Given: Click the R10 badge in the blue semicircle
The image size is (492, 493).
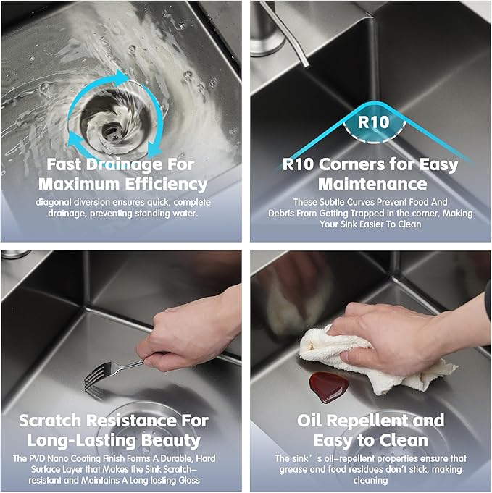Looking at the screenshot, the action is [374, 122].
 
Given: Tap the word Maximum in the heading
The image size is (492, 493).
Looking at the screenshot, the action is [80, 185].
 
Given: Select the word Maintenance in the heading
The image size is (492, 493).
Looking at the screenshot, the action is [372, 185].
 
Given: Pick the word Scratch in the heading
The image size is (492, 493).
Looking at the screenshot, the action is [50, 421].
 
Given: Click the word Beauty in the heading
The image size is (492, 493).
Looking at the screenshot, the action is [171, 441].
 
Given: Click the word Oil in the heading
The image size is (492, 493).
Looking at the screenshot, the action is [309, 421].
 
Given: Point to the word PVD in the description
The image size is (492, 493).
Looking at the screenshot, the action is [38, 458].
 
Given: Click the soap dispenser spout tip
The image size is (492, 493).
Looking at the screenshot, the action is [304, 64].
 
